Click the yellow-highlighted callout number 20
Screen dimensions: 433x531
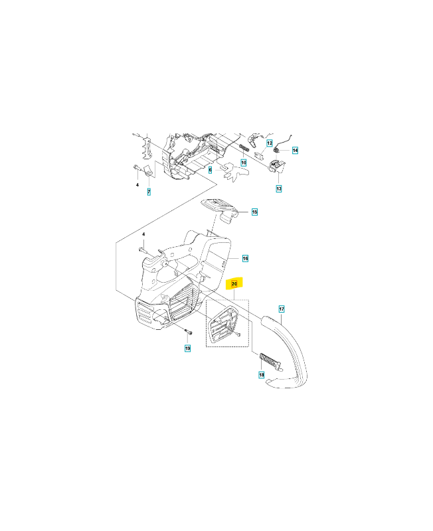(234, 283)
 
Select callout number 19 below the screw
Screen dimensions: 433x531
(187, 348)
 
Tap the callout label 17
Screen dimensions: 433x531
(282, 309)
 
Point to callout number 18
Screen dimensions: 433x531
(261, 375)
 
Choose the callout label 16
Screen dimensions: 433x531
(245, 258)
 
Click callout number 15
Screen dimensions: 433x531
(254, 212)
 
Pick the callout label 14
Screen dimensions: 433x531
(295, 150)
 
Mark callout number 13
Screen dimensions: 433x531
(279, 189)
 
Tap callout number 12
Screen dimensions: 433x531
(270, 143)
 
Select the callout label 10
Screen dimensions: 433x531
(244, 163)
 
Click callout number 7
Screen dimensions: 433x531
(149, 192)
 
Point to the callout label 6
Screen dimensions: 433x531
(210, 170)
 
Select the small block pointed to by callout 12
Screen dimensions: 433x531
(259, 154)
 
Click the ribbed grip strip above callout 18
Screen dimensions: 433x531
(270, 362)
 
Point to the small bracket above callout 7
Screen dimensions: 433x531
(147, 171)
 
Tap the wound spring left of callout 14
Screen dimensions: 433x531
(277, 149)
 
